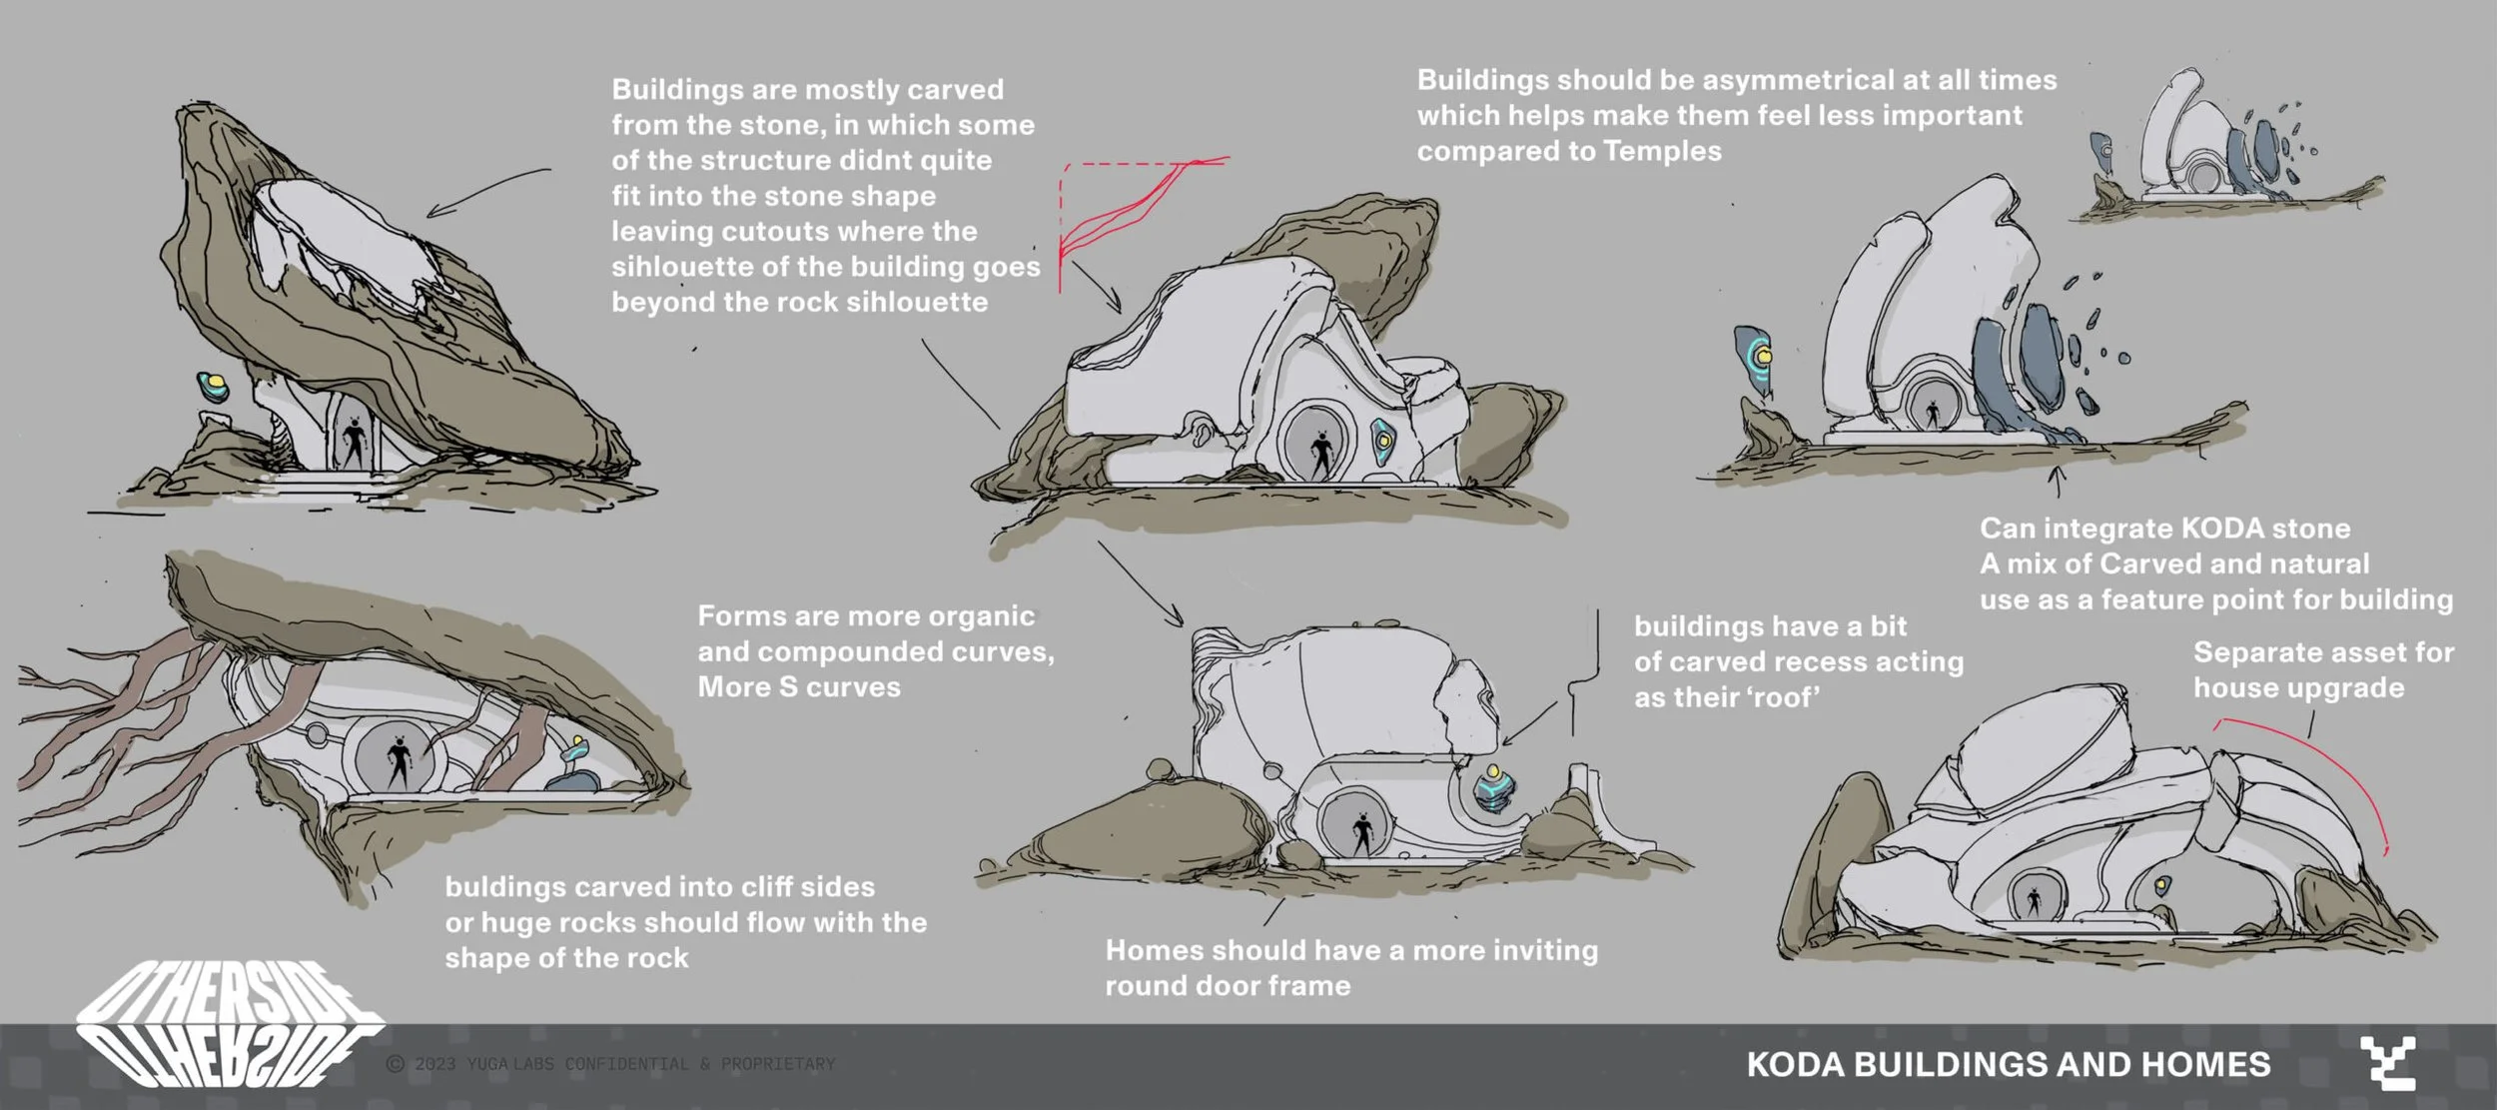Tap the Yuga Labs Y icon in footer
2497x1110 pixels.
click(x=2387, y=1064)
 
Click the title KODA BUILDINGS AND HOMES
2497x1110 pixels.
click(x=2008, y=1064)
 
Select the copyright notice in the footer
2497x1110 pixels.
click(x=610, y=1064)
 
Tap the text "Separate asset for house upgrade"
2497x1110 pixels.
click(x=2322, y=670)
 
